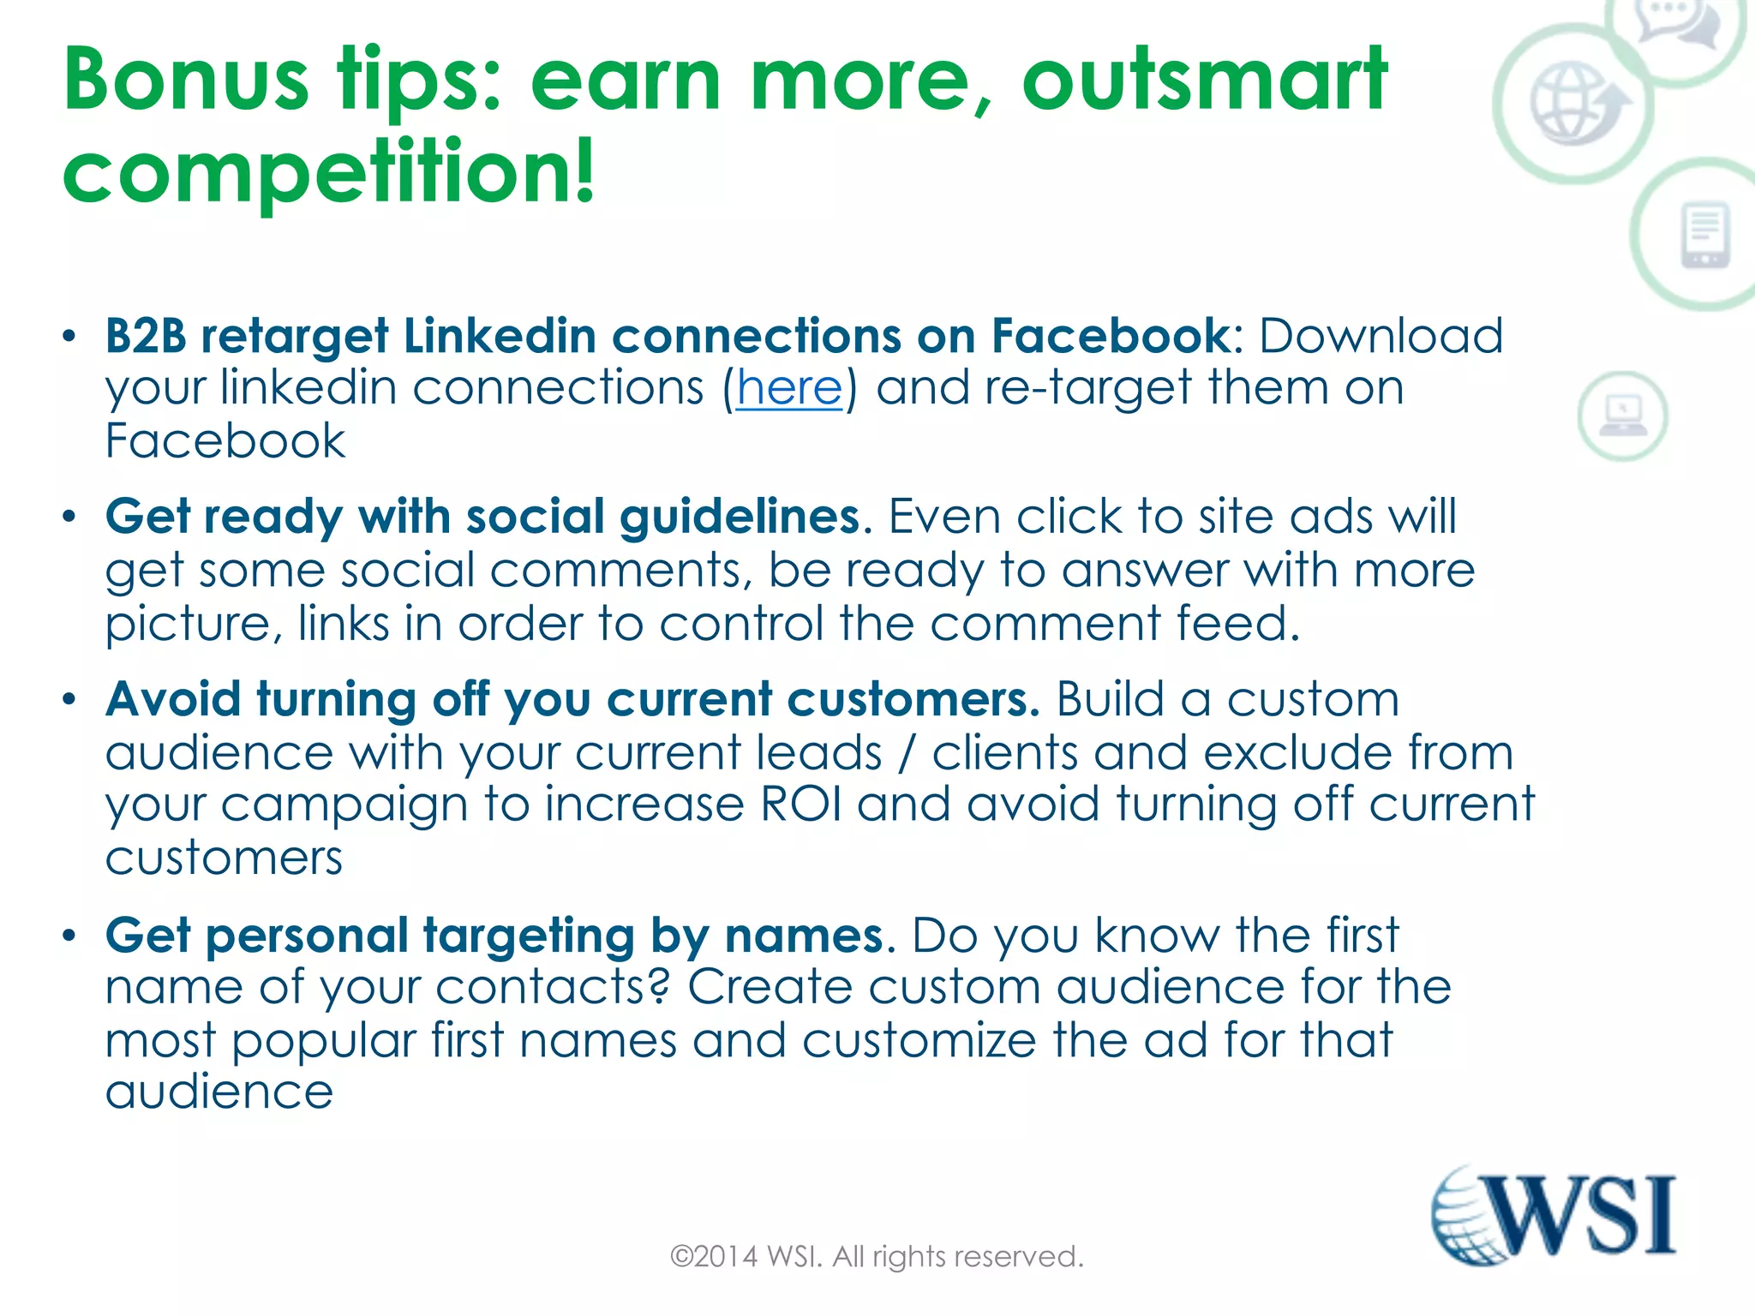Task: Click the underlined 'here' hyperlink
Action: click(x=789, y=388)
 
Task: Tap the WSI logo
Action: click(x=1554, y=1215)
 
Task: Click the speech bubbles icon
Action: click(x=1679, y=23)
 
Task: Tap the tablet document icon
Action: click(x=1704, y=235)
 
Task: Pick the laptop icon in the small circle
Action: click(x=1622, y=416)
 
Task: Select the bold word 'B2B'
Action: click(x=146, y=335)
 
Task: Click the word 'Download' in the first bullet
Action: click(x=1381, y=335)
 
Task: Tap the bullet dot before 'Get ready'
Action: click(x=69, y=517)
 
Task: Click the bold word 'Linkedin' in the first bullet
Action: click(x=500, y=335)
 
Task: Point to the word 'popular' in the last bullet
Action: click(x=323, y=1041)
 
